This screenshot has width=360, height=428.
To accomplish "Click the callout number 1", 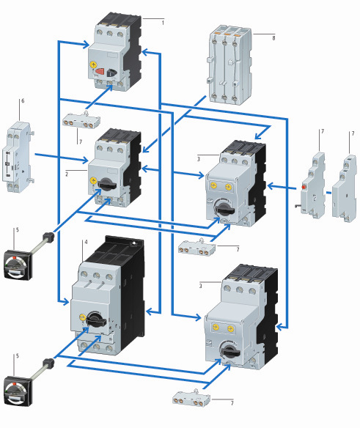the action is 163,23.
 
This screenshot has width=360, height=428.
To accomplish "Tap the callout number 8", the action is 273,38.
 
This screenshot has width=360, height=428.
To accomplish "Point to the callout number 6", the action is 23,101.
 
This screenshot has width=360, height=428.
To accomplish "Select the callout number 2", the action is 67,174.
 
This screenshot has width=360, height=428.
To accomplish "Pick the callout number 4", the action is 86,242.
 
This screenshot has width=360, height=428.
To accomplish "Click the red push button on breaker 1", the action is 100,71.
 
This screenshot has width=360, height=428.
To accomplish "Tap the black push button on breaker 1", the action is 111,73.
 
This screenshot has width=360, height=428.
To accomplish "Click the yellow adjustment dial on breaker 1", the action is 93,64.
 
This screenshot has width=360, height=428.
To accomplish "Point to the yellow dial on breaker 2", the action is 93,181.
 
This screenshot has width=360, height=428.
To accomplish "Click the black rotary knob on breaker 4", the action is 96,319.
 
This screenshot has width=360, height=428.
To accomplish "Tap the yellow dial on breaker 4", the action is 83,317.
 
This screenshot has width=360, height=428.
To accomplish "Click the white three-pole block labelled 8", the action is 230,64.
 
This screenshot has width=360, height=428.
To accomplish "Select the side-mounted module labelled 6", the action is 18,158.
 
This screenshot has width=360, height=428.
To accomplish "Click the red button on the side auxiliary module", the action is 304,188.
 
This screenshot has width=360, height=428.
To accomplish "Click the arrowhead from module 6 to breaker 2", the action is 86,160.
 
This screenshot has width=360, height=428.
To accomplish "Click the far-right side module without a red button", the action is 344,189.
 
